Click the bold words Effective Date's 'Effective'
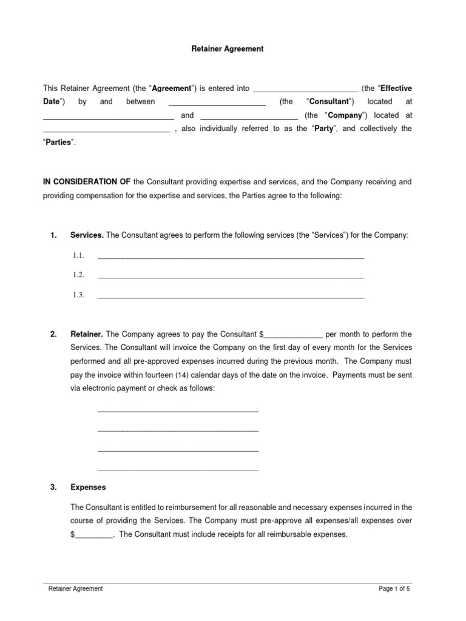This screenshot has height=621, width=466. pos(396,88)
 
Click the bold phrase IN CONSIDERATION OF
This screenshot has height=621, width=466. pos(86,181)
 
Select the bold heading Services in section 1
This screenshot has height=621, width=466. pos(87,235)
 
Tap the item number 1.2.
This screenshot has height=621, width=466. pos(78,275)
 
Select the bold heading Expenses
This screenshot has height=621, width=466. pos(88,487)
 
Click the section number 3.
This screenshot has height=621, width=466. pos(53,487)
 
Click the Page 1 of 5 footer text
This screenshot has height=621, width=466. pos(398,588)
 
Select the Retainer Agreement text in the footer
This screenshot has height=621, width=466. pos(75,588)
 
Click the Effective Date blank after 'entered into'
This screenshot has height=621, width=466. pos(305,89)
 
